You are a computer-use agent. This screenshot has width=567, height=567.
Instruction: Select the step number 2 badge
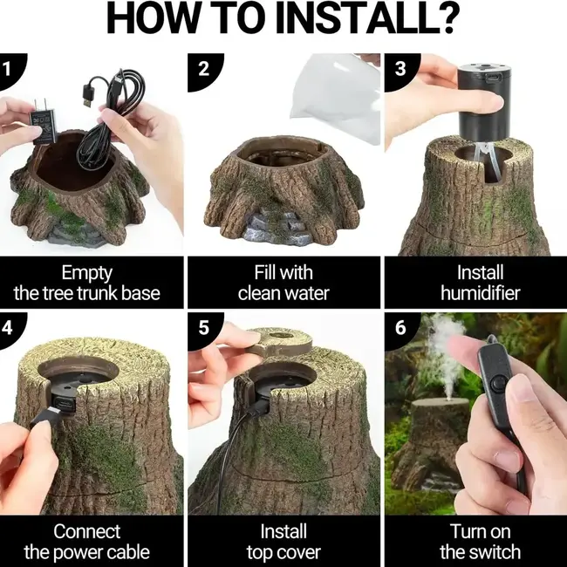(204, 71)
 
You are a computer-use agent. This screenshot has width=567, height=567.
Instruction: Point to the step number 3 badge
(400, 71)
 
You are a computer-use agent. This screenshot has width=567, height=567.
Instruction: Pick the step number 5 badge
(204, 329)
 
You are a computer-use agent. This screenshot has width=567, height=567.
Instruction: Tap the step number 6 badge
(400, 329)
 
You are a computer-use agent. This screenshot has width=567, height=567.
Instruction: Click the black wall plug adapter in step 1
(43, 122)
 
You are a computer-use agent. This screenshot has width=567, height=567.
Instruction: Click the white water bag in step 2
(336, 97)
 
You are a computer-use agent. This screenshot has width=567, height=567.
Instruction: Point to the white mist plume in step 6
(446, 354)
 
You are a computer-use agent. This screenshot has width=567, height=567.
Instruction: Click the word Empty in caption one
(86, 273)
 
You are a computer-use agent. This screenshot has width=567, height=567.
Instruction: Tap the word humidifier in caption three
(481, 293)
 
